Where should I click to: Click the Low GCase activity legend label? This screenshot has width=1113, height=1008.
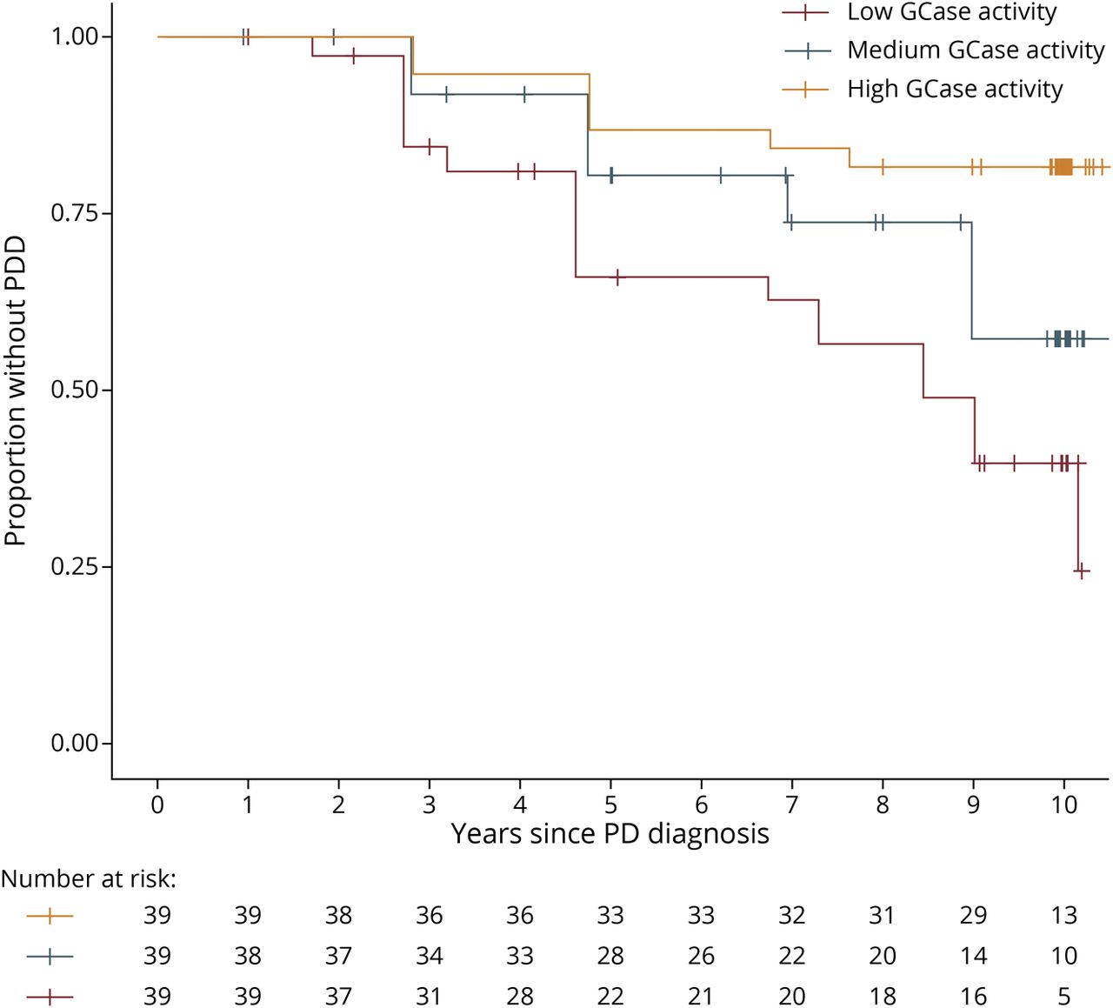(951, 12)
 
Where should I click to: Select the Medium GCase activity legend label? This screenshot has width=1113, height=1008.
(976, 50)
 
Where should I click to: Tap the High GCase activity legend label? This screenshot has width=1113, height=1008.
(955, 89)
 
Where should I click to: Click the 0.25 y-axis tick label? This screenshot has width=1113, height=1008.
(75, 566)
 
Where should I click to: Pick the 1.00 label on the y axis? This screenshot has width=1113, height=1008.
(75, 37)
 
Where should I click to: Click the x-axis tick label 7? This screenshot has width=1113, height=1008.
(791, 804)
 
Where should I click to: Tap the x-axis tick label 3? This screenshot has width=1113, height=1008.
(429, 804)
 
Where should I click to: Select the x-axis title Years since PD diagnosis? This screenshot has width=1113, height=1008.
(610, 834)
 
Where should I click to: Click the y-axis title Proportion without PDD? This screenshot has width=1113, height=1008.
(16, 390)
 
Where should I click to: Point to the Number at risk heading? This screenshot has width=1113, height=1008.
(88, 879)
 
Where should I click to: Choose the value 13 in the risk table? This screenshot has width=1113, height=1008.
(1063, 915)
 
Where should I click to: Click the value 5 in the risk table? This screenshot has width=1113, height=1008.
(1063, 996)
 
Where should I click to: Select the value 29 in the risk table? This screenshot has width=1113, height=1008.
(973, 915)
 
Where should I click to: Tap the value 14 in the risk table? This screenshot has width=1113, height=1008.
(973, 956)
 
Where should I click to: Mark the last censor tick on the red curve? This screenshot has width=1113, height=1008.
(1082, 571)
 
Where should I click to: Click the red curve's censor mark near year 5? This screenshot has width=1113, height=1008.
(616, 277)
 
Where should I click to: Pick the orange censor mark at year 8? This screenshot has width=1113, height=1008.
(883, 166)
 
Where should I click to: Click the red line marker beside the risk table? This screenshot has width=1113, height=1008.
(50, 996)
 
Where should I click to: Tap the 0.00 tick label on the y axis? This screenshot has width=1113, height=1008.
(75, 744)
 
